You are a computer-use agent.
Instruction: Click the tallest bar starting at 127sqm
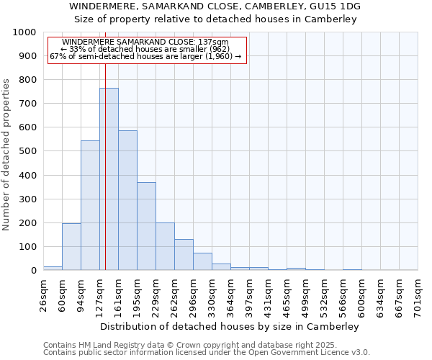coord(109,180)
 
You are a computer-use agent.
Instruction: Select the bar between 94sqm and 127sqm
coord(90,206)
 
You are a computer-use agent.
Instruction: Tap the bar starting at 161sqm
coord(127,201)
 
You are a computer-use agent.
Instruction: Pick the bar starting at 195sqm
coord(146,227)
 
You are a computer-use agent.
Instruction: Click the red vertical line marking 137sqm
coord(105,144)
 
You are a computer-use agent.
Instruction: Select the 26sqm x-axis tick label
coord(43,295)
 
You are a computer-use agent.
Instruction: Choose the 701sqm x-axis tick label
coord(418,295)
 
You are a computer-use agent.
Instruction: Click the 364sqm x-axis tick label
coord(230,295)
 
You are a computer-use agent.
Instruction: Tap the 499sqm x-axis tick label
coord(305,295)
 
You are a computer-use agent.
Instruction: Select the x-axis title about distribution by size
coord(230,326)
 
